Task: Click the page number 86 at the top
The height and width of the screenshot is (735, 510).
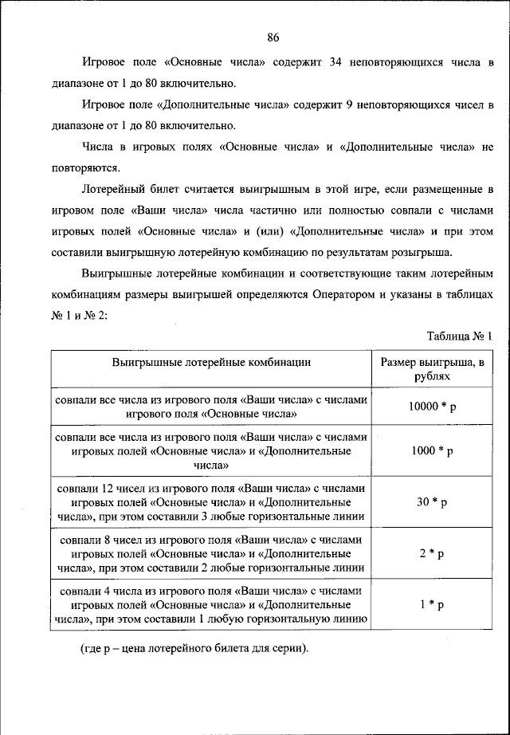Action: pos(273,37)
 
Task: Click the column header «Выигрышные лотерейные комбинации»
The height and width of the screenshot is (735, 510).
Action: pos(211,362)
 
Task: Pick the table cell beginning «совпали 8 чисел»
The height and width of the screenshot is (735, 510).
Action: pos(211,553)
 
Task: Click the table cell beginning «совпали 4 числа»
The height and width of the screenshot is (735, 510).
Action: pos(211,604)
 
